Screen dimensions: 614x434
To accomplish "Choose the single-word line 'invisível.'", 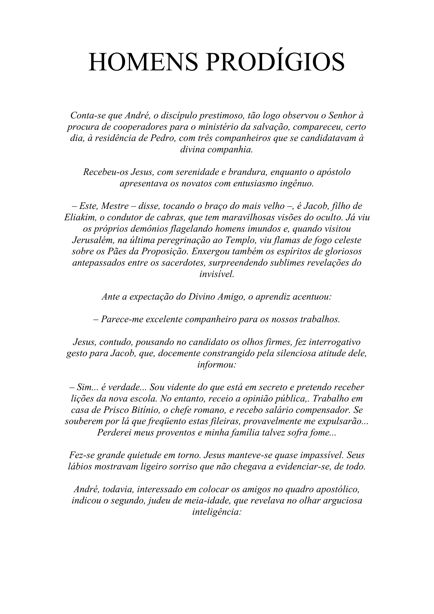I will click(x=217, y=274).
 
